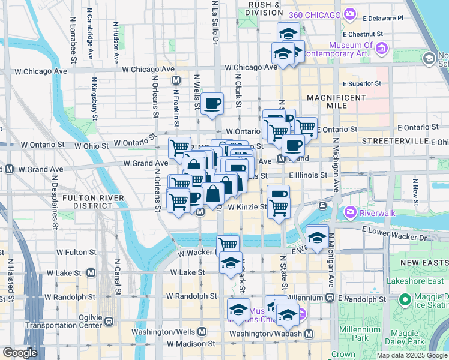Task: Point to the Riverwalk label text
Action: pos(375,212)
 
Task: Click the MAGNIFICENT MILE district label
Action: pos(336,101)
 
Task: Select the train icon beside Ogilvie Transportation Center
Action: pos(109,320)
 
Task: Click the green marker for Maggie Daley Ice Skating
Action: pos(405,299)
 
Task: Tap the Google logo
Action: pos(20,353)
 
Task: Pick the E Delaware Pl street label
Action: pos(382,18)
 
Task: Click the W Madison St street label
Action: pos(191,344)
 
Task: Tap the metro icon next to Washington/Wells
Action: pos(202,331)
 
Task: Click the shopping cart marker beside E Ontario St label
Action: pos(306,127)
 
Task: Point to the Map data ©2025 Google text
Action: pos(412,355)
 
